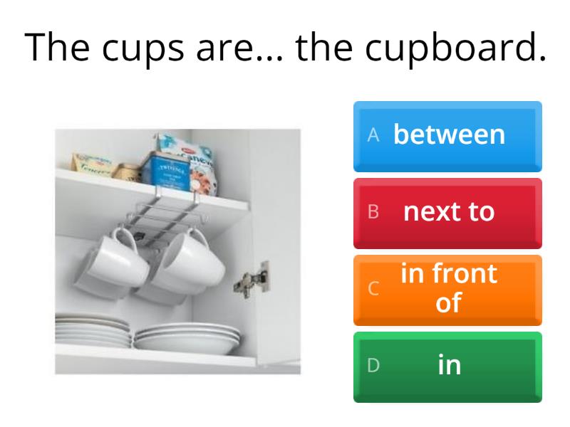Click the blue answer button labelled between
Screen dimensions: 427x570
(x=448, y=136)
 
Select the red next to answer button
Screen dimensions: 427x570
(x=448, y=212)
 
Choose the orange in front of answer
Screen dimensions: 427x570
(x=448, y=289)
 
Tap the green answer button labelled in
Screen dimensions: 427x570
(x=448, y=366)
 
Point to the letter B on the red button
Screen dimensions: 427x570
(x=372, y=213)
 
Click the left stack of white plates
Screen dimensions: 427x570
(x=93, y=331)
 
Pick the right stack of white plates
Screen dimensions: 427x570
(x=187, y=337)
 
